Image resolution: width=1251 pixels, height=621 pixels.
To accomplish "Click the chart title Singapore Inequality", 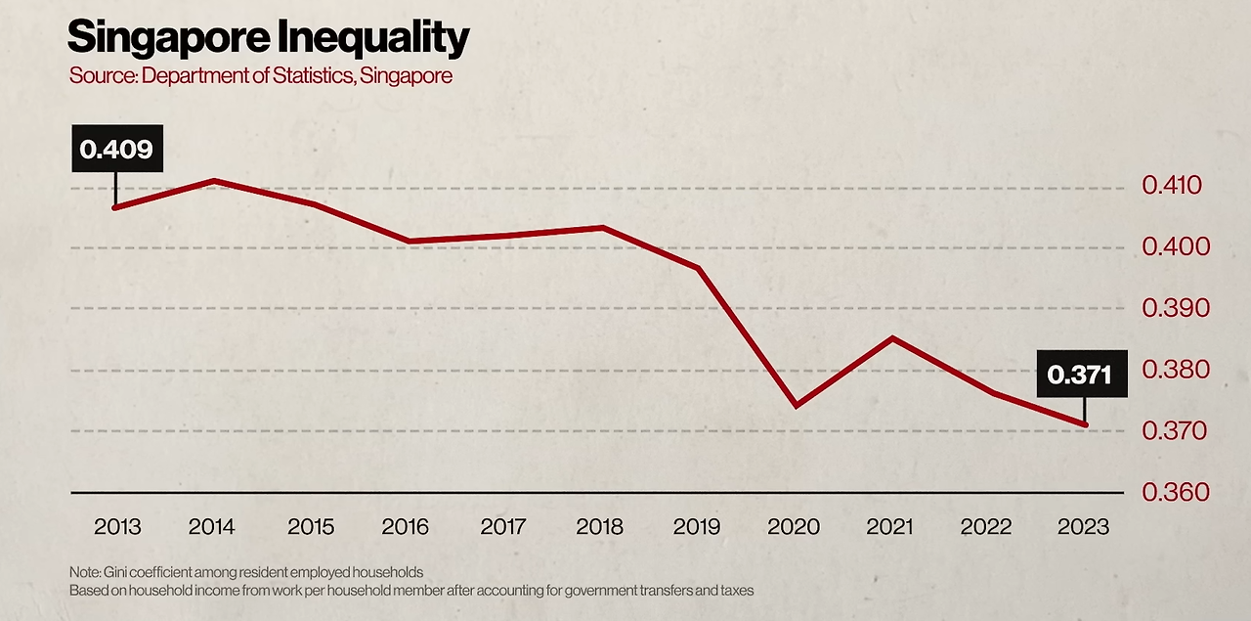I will (x=268, y=38).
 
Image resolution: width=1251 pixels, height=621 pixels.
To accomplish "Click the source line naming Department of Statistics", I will (x=260, y=75).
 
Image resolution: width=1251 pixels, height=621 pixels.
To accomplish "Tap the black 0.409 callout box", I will (x=116, y=150).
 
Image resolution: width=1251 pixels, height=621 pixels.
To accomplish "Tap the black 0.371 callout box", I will (x=1080, y=374).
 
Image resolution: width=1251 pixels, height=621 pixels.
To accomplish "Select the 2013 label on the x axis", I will (x=117, y=527).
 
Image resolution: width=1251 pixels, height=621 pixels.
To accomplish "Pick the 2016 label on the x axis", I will (x=406, y=527).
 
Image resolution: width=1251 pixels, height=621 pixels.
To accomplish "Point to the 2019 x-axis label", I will (x=697, y=527).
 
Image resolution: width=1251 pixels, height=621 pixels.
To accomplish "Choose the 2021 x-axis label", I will (x=890, y=527).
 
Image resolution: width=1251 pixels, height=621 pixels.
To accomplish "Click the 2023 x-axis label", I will (x=1083, y=527).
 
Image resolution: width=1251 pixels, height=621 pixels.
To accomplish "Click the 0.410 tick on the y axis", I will (x=1176, y=186).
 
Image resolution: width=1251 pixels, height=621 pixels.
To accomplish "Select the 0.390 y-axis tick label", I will (x=1176, y=309).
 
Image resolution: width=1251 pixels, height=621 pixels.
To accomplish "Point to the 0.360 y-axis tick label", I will (x=1176, y=492).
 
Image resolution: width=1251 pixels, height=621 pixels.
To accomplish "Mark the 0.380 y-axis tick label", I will (x=1176, y=371).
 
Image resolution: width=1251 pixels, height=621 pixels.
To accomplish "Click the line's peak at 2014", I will (x=213, y=181).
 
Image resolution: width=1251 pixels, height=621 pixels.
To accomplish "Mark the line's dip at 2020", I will (x=796, y=405).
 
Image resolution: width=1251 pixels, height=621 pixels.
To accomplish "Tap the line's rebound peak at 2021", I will (x=891, y=338).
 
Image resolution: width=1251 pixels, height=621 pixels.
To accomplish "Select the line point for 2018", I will (x=602, y=228).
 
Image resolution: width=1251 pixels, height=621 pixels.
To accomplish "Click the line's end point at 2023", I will (x=1084, y=424).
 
